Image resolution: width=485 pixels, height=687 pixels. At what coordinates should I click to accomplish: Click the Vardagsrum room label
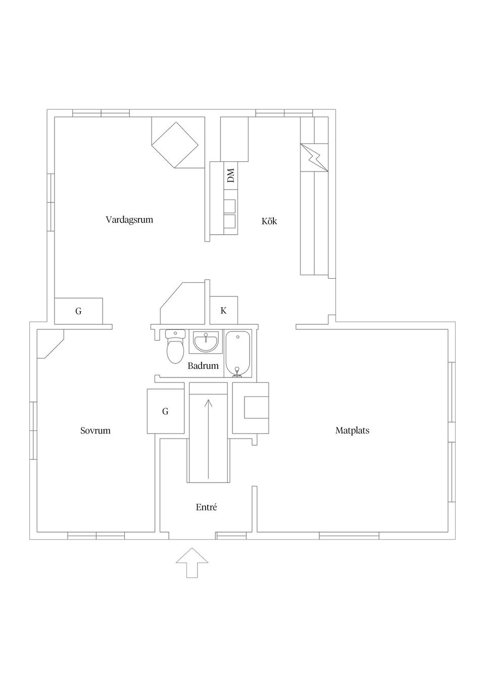click(x=129, y=220)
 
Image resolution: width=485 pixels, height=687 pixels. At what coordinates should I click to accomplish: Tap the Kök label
click(x=269, y=221)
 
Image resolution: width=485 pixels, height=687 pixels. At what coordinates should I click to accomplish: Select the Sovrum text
click(x=95, y=431)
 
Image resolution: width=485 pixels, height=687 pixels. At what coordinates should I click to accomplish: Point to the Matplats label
click(x=352, y=431)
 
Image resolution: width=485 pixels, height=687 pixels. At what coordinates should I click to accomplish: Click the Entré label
click(x=206, y=507)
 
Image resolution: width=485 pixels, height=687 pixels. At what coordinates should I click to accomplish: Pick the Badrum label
click(x=203, y=366)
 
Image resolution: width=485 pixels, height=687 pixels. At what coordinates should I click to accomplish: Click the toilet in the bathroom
click(x=175, y=346)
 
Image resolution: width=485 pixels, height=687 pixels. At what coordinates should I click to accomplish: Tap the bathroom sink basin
click(x=206, y=342)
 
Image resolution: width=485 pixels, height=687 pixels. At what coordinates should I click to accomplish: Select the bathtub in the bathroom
click(x=238, y=354)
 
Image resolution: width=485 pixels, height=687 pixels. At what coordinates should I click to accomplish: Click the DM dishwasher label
click(x=231, y=176)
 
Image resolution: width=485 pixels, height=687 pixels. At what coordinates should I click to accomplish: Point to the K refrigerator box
click(x=223, y=310)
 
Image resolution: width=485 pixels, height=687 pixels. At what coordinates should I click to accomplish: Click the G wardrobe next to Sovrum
click(x=165, y=411)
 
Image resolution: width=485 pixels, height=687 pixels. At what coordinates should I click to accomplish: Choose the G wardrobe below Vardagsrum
click(x=78, y=311)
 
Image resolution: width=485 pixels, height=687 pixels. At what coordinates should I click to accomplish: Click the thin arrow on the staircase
click(x=208, y=439)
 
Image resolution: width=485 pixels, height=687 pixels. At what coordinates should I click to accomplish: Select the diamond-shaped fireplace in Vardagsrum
click(x=175, y=145)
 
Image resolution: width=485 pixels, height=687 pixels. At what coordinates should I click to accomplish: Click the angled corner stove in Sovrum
click(x=50, y=344)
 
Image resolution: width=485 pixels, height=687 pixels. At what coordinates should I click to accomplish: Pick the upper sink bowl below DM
click(x=230, y=206)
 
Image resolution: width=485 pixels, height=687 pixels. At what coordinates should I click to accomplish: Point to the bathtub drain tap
click(x=237, y=371)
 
